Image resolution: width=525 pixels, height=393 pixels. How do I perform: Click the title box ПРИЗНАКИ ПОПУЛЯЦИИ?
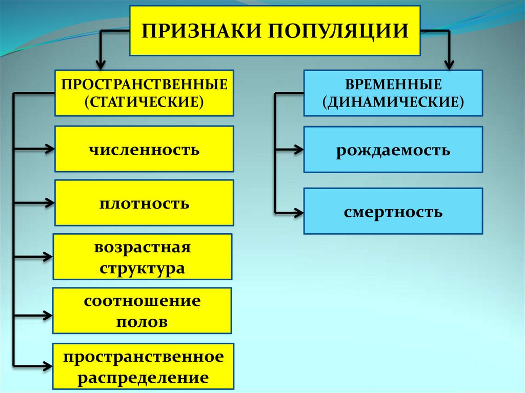pos(275,31)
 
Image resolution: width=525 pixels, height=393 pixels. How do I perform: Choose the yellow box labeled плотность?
pos(144,203)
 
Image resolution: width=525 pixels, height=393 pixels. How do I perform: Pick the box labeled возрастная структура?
pos(143,258)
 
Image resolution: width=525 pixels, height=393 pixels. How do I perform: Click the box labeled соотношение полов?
pos(142,311)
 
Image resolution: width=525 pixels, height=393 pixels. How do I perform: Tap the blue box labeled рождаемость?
pos(393,150)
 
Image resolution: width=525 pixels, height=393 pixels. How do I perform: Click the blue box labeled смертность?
pos(393,211)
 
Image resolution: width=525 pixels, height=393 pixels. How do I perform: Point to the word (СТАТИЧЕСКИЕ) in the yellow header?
pos(144,101)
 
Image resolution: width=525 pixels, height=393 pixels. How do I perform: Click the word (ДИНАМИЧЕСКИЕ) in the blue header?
pos(393,101)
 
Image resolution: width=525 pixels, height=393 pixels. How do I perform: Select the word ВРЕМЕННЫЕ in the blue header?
pos(393,85)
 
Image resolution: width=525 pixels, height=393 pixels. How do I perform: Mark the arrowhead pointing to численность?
pos(50,149)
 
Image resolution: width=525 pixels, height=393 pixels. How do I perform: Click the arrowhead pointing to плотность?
pos(50,203)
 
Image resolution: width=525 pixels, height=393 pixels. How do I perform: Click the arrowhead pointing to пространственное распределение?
pos(48,366)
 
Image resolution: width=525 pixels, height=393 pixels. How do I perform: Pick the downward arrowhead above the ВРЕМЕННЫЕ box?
pos(449,65)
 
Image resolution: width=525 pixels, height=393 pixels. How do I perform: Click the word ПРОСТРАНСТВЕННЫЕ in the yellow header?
pos(144,85)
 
